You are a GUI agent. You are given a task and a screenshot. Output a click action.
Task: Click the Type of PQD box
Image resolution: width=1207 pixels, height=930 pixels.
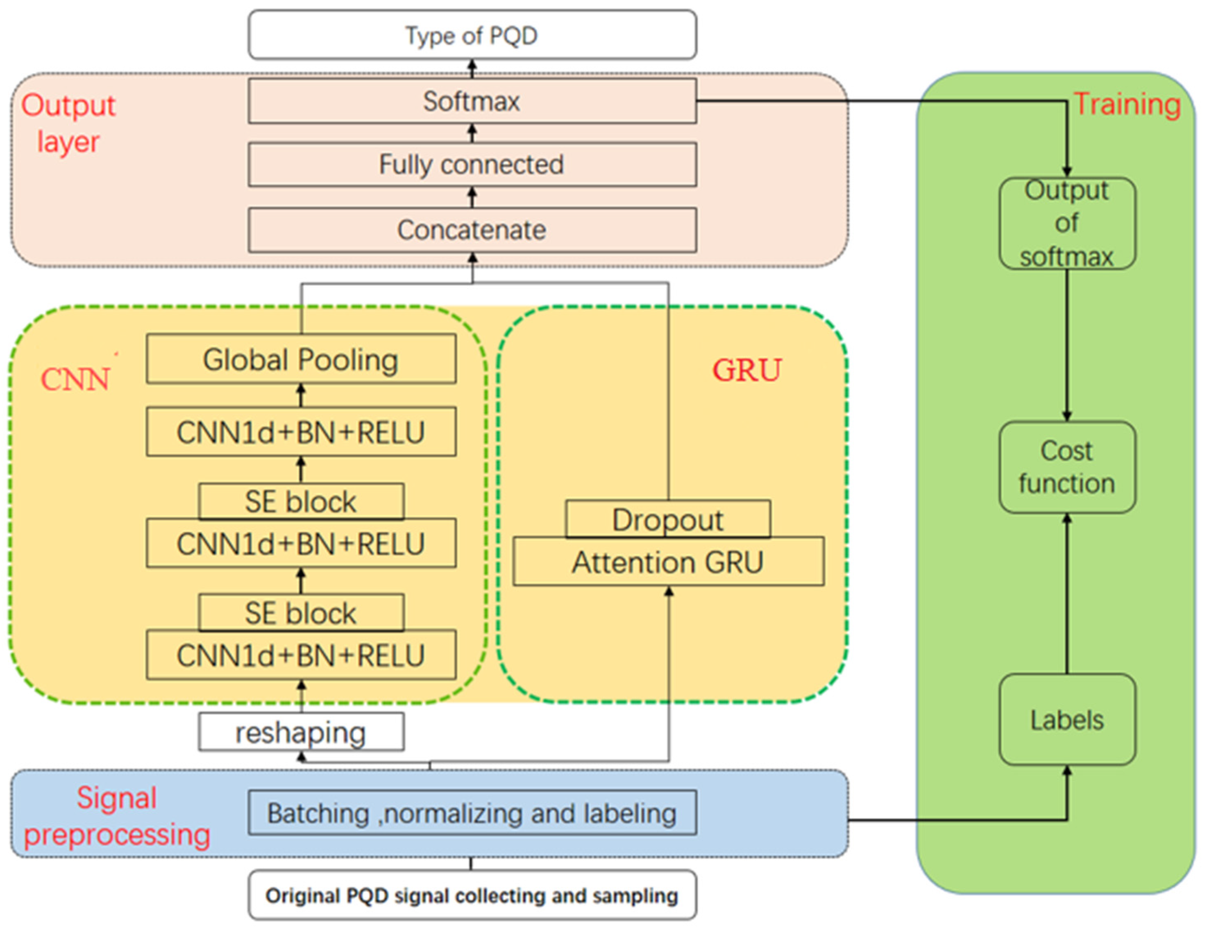472,35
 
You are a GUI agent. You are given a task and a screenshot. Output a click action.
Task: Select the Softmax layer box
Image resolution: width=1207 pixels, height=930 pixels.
472,101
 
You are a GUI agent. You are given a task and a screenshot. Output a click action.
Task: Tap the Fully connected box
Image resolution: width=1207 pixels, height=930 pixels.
472,165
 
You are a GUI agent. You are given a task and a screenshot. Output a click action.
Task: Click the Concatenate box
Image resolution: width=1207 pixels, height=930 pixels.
472,230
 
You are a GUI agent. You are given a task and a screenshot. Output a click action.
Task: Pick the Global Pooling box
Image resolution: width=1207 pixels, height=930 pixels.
301,359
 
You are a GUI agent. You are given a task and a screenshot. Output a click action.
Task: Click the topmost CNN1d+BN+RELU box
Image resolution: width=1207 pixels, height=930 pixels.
301,432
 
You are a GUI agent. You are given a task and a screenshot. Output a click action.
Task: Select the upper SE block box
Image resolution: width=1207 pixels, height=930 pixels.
301,501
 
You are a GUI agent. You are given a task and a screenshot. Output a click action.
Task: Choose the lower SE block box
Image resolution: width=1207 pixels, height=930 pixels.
301,612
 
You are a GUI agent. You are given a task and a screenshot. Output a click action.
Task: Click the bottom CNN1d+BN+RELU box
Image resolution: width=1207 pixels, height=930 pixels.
301,656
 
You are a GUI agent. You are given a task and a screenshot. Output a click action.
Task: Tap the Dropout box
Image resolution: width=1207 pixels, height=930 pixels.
667,519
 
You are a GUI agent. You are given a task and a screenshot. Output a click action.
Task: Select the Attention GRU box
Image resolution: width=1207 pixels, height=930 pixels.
667,563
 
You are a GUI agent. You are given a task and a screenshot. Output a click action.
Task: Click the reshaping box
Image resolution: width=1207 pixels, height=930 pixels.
301,732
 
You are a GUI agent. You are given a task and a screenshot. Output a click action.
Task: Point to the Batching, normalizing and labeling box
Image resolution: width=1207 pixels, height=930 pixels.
472,813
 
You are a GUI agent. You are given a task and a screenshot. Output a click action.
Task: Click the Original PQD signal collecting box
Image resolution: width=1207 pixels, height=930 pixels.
472,895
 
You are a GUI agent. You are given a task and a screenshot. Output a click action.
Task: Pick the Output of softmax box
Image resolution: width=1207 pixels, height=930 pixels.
1066,223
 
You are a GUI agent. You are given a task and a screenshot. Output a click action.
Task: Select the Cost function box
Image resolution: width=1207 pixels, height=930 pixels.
1066,467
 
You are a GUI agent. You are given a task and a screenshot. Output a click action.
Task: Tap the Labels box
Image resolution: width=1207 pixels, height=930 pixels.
1066,719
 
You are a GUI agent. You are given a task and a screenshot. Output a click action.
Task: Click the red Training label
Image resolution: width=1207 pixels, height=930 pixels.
1126,104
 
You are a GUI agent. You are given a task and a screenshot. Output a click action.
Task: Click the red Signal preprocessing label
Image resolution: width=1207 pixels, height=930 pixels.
117,816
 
